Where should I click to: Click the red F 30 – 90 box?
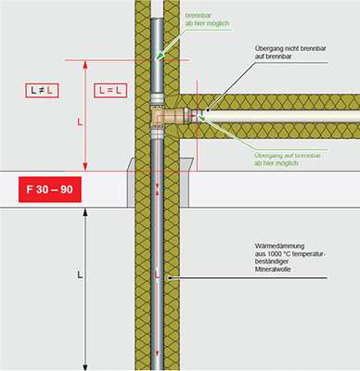point(50,189)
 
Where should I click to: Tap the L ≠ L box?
point(42,91)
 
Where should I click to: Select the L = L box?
point(110,91)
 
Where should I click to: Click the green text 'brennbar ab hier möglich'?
point(207,19)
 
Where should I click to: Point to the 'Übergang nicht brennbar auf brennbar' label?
point(290,52)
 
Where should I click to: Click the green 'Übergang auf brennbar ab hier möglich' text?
point(288,160)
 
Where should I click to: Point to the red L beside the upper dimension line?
point(80,122)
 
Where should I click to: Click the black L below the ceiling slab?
point(80,275)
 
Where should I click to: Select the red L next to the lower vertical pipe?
point(157,275)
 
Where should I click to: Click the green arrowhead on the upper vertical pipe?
point(159,56)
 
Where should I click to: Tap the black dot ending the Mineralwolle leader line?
point(170,278)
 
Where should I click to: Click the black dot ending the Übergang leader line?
point(208,109)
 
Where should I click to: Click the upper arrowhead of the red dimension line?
point(85,64)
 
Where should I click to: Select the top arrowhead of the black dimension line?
point(85,212)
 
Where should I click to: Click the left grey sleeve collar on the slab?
point(131,183)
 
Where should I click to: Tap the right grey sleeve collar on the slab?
point(186,183)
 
